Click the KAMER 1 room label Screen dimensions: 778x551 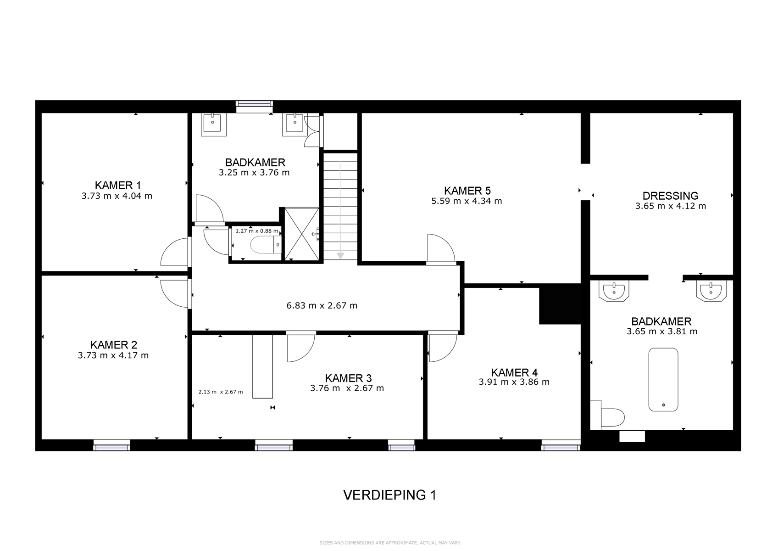coord(118,186)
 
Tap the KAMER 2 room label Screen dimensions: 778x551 coord(114,345)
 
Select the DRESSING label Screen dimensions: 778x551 coord(670,196)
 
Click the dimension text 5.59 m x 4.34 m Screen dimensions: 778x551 coord(467,201)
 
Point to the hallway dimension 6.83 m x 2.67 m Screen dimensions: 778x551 coord(322,305)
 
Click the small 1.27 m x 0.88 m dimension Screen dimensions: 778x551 coord(257,231)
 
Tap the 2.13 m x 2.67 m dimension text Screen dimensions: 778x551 coord(221,392)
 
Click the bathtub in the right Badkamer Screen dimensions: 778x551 coord(663,380)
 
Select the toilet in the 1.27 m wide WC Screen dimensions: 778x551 coord(266,245)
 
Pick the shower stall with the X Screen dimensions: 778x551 coord(302,234)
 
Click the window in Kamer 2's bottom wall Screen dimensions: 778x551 coord(112,445)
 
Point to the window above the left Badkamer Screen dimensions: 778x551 coord(254,107)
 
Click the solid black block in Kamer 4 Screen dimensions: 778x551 coord(560,304)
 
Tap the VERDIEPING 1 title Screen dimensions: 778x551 coord(389,495)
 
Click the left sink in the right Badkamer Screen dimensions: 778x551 coord(614,291)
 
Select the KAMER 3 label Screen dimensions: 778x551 coord(348,378)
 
